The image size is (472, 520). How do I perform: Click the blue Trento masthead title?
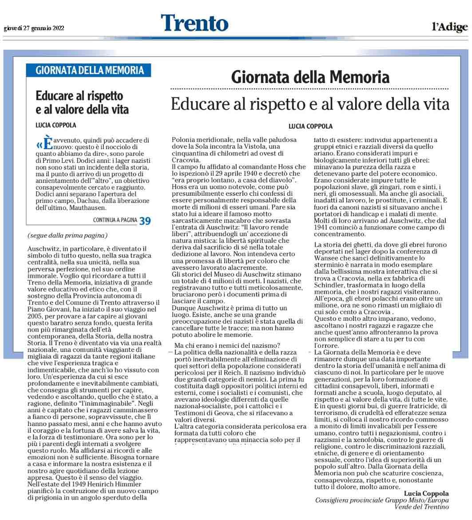point(194,23)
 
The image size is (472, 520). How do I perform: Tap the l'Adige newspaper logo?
point(449,28)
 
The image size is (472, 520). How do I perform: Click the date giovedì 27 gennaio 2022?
point(34,28)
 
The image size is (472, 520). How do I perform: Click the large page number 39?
point(145,220)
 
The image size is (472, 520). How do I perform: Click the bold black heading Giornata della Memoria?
point(310,78)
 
